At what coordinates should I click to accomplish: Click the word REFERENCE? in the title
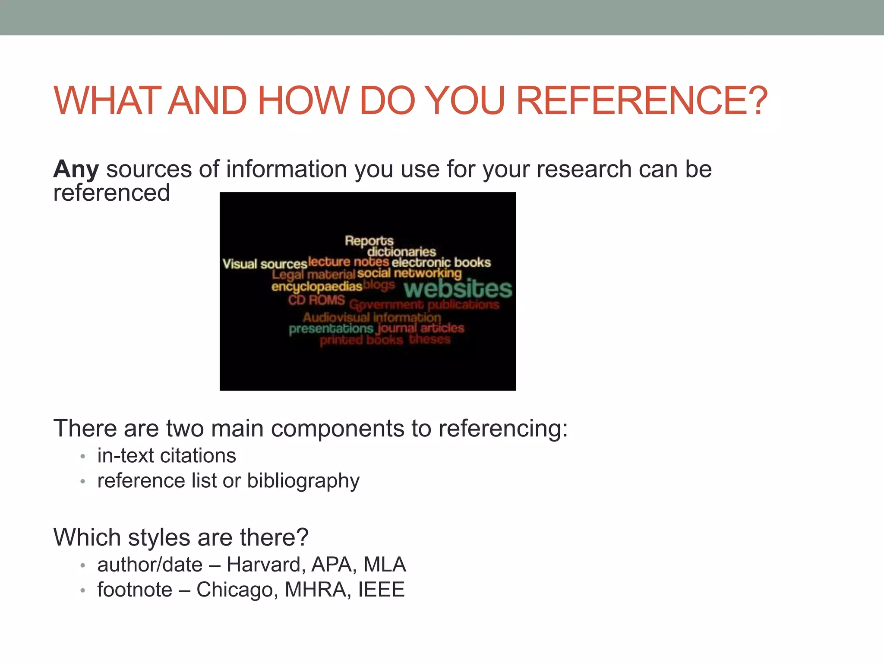coord(641,101)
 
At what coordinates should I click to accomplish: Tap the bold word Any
coord(76,169)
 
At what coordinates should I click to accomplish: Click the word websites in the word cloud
coord(458,289)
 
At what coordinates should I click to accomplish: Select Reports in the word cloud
coord(369,240)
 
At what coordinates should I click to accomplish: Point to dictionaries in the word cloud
coord(402,252)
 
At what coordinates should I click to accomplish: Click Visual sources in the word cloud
coord(265,264)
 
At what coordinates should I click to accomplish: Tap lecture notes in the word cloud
coord(349,262)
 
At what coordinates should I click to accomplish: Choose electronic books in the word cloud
coord(441,262)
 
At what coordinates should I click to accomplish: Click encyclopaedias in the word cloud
coord(317,287)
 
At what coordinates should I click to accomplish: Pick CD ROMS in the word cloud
coord(316,300)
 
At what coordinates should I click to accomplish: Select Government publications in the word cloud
coord(424,305)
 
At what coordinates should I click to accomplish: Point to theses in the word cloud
coord(429,339)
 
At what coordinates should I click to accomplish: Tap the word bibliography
coord(303,481)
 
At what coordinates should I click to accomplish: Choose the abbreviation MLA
coord(385,565)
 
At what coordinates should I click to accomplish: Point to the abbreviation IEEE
coord(381,590)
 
